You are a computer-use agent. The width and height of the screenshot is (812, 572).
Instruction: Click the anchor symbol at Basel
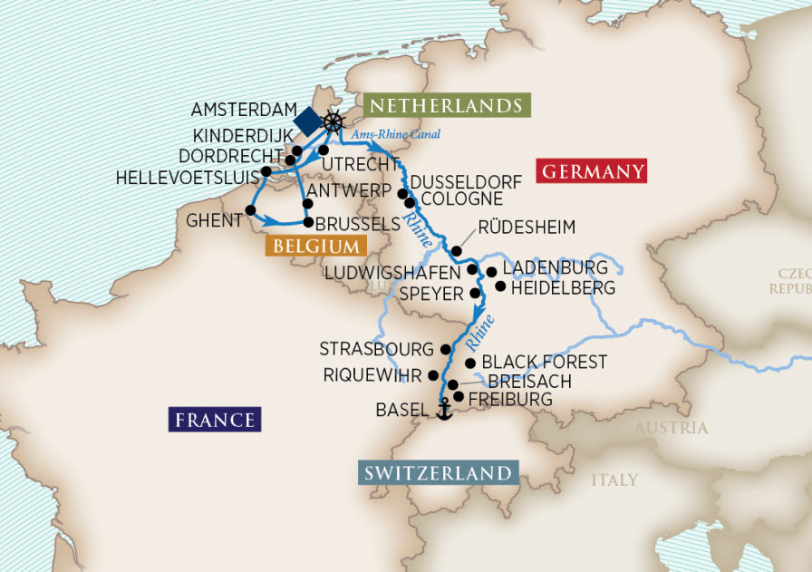(444, 411)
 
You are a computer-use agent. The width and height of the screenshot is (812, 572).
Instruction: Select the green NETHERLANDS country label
(446, 105)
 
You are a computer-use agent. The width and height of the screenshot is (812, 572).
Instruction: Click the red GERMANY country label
(592, 171)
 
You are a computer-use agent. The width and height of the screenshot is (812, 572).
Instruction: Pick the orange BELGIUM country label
(314, 246)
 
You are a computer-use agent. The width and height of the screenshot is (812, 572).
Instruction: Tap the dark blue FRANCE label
(215, 420)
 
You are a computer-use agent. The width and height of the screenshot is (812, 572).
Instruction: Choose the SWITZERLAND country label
(439, 473)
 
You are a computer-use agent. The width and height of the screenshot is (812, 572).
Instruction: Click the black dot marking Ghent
(250, 209)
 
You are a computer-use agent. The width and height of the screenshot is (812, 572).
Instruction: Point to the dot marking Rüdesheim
(458, 251)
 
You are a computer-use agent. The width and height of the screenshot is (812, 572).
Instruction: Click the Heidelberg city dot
(499, 286)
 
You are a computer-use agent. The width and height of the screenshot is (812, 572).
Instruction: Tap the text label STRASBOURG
(376, 349)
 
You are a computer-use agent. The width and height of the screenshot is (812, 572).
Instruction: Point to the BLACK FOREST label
(545, 362)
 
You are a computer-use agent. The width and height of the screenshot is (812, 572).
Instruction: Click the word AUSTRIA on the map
(672, 428)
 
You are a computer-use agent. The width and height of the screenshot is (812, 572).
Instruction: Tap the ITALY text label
(615, 480)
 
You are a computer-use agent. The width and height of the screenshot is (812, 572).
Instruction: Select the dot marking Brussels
(308, 222)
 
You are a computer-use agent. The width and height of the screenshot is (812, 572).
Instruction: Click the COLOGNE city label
(461, 199)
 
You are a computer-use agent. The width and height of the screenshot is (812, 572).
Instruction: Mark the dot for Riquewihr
(433, 375)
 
